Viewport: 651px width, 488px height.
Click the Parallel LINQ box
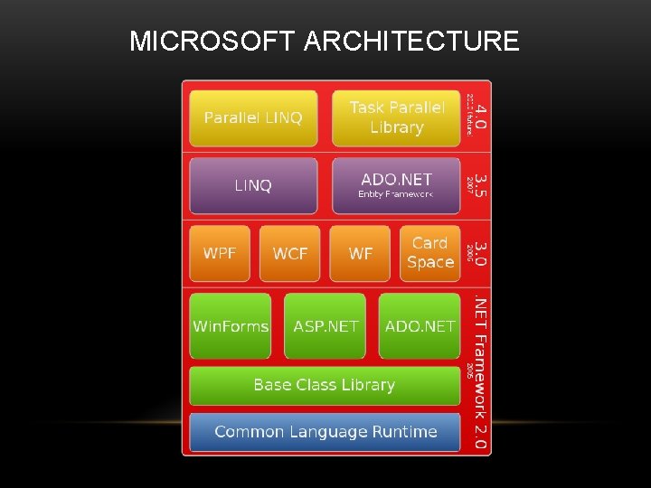pyautogui.click(x=253, y=118)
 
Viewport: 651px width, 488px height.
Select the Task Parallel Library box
pyautogui.click(x=397, y=118)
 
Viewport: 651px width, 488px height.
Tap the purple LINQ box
pyautogui.click(x=253, y=186)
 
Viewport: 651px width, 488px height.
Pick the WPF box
pyautogui.click(x=220, y=253)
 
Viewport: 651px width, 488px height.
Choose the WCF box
pyautogui.click(x=290, y=253)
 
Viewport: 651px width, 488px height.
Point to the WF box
pyautogui.click(x=361, y=253)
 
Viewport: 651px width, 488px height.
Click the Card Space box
pyautogui.click(x=430, y=253)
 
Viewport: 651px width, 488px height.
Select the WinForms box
pyautogui.click(x=231, y=326)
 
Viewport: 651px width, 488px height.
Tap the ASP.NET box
pyautogui.click(x=325, y=326)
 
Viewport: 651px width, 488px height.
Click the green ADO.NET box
pyautogui.click(x=420, y=326)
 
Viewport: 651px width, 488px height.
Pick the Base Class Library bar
pyautogui.click(x=325, y=385)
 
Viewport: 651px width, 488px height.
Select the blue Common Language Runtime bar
pyautogui.click(x=325, y=432)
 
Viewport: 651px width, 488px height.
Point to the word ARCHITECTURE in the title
pyautogui.click(x=411, y=42)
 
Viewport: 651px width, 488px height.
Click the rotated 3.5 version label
pyautogui.click(x=481, y=185)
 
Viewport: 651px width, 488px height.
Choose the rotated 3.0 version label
pyautogui.click(x=481, y=253)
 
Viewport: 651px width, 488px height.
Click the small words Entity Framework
pyautogui.click(x=396, y=194)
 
